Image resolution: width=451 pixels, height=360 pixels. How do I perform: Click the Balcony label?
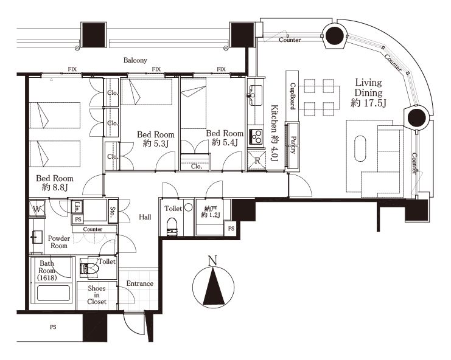pyautogui.click(x=135, y=60)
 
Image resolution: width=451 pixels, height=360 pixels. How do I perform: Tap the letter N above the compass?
pyautogui.click(x=212, y=261)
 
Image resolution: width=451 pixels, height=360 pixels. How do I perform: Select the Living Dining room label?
pyautogui.click(x=368, y=92)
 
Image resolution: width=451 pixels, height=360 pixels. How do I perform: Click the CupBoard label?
pyautogui.click(x=293, y=96)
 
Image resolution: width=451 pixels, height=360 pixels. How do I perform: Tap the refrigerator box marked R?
pyautogui.click(x=257, y=161)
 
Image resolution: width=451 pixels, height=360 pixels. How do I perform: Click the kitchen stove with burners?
pyautogui.click(x=256, y=137)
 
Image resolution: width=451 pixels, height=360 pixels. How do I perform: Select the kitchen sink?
pyautogui.click(x=255, y=95)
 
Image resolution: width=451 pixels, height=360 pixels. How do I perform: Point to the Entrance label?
pyautogui.click(x=140, y=283)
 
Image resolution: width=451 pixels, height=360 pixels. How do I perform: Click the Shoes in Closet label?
pyautogui.click(x=97, y=295)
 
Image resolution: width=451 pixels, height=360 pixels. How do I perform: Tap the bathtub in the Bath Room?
pyautogui.click(x=54, y=293)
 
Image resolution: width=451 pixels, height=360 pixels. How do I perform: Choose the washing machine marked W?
pyautogui.click(x=37, y=209)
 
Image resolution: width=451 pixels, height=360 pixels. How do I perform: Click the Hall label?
pyautogui.click(x=145, y=217)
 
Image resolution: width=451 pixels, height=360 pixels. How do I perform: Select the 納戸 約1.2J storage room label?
pyautogui.click(x=211, y=212)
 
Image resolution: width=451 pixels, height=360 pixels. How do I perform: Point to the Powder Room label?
pyautogui.click(x=59, y=242)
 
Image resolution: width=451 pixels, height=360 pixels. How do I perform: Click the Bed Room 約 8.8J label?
pyautogui.click(x=55, y=182)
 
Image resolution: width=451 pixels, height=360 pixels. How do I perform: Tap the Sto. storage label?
pyautogui.click(x=113, y=211)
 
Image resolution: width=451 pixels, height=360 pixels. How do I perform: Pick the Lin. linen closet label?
pyautogui.click(x=77, y=207)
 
